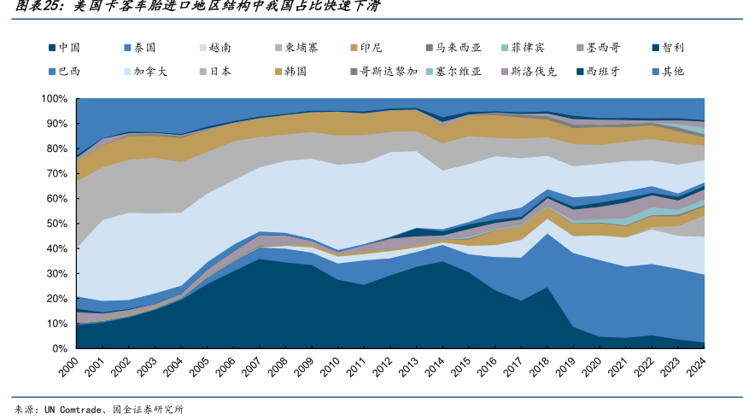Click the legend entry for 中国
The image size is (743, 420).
(64, 49)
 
